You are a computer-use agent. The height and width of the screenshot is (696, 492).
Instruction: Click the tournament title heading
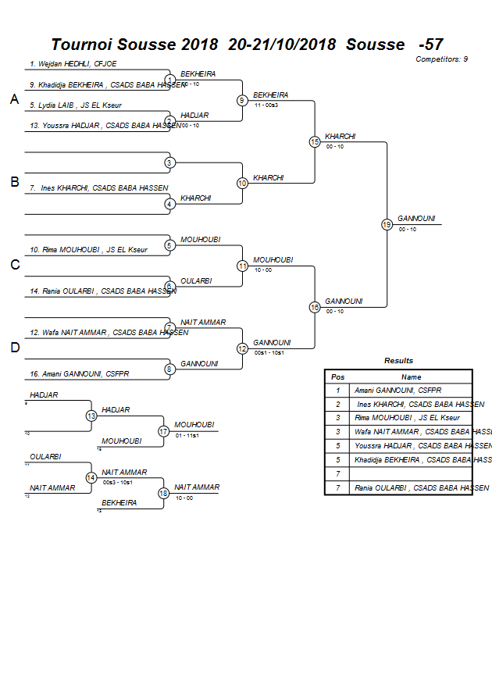[247, 45]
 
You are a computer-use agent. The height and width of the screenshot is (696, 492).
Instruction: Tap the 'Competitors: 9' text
[441, 59]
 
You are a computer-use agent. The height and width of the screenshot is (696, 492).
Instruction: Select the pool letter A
[14, 99]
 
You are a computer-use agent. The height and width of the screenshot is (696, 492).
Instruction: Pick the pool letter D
[14, 348]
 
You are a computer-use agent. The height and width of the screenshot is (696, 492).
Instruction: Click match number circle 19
[387, 225]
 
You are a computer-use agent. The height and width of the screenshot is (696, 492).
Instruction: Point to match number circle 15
[315, 142]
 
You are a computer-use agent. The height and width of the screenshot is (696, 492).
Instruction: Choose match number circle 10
[242, 183]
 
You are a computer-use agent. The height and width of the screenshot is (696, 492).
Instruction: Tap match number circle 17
[164, 431]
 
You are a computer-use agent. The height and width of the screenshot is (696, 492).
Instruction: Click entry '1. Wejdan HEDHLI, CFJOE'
[73, 64]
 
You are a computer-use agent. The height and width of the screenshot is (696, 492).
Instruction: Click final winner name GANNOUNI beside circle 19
[416, 219]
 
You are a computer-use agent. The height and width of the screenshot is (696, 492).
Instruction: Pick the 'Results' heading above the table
[398, 361]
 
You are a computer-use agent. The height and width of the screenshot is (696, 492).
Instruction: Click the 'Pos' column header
[338, 377]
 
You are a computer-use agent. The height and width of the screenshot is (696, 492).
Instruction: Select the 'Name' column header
[411, 377]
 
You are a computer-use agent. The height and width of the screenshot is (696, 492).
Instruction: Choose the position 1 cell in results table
[338, 390]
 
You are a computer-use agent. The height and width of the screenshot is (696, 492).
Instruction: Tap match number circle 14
[91, 477]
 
